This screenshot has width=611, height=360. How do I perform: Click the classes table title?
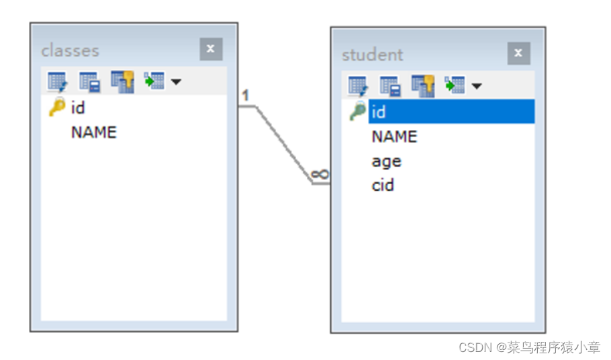coord(70,50)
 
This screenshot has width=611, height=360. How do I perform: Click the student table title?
coord(373,54)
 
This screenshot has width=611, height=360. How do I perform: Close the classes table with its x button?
coord(211,49)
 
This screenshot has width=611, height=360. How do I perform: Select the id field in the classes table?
coord(78,107)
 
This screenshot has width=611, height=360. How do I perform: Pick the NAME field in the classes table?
coord(93,132)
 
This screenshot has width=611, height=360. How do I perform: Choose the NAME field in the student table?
coord(394,136)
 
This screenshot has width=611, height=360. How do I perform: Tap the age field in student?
coord(386,161)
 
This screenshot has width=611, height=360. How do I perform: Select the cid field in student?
coord(383,185)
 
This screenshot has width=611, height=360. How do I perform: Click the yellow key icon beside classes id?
coord(57,107)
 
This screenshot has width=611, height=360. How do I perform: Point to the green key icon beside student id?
coord(358,111)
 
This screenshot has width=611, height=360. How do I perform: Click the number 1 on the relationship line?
coord(246,95)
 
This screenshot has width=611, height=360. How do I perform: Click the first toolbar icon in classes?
coord(56,82)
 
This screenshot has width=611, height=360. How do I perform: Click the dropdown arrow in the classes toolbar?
coord(176,82)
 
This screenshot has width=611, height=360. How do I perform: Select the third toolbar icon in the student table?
coord(422,85)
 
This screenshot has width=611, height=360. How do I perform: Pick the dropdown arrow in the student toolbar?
coord(477,86)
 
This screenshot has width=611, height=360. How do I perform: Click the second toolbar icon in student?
coord(390,85)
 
